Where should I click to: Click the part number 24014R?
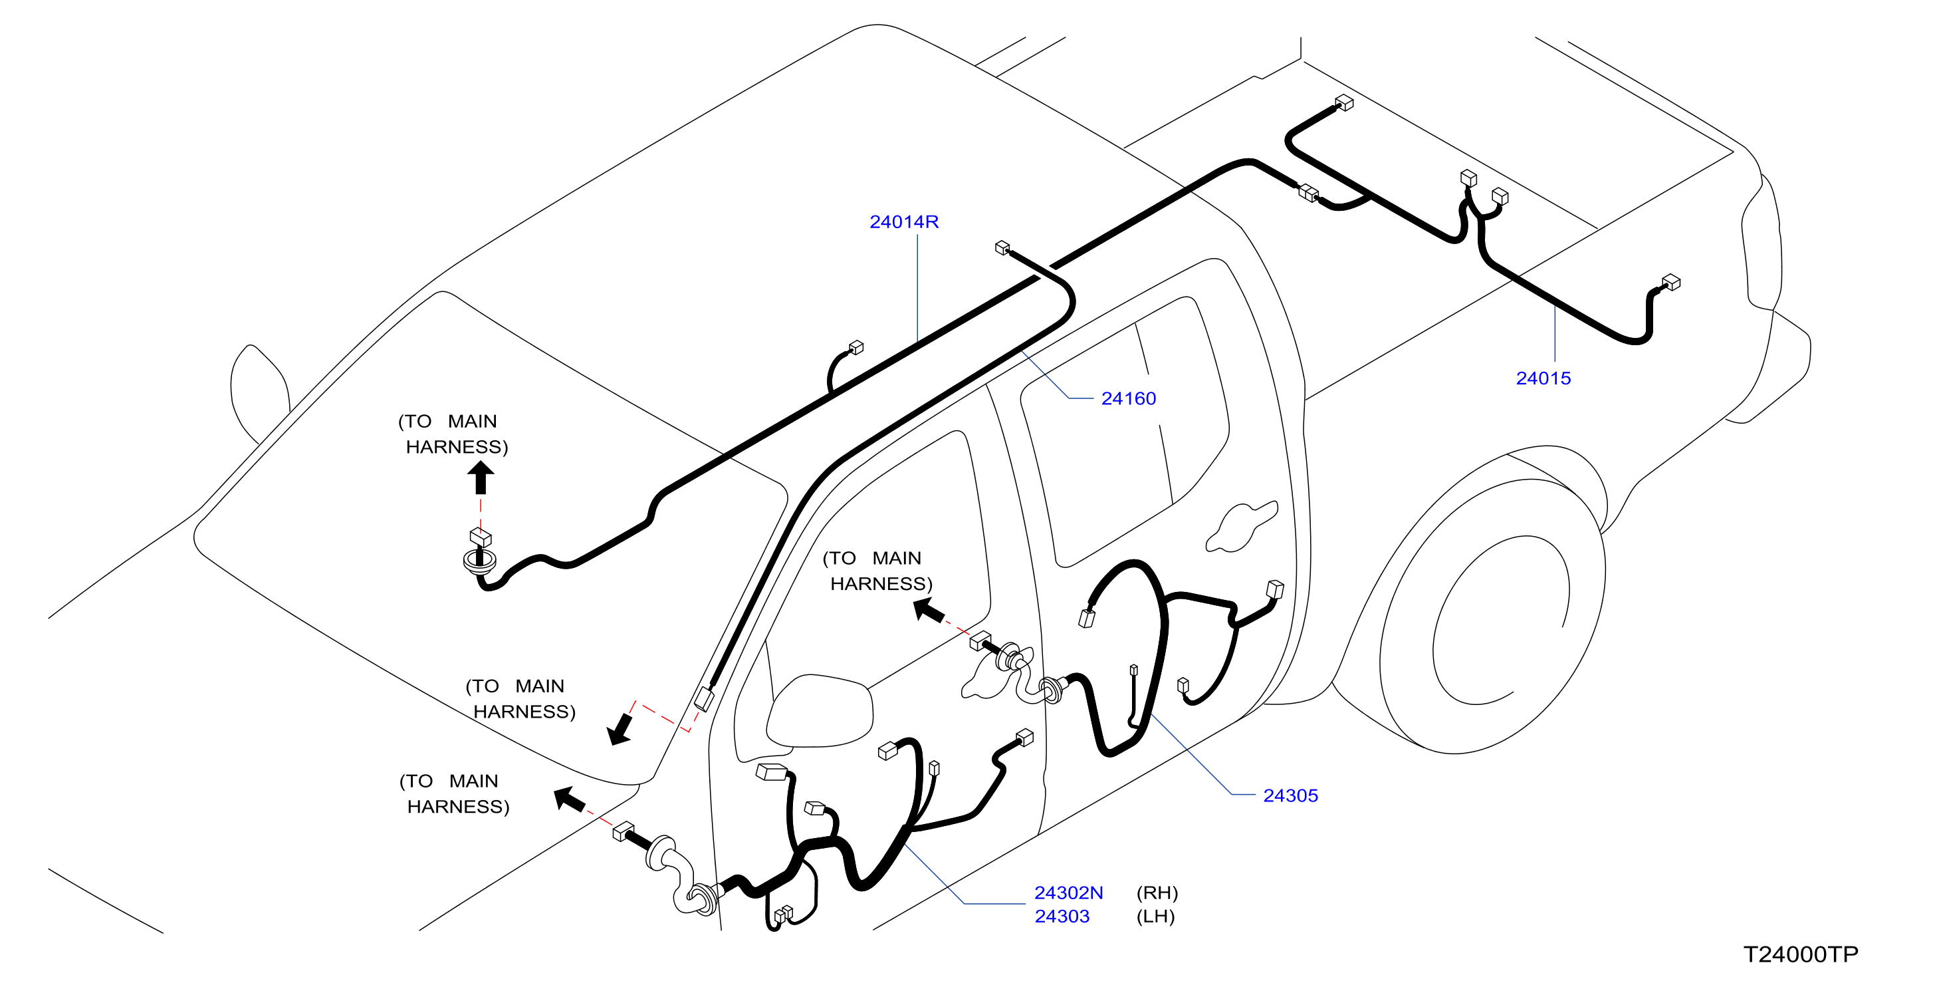click(903, 221)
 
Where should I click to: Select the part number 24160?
click(1128, 398)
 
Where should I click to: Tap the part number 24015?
click(1543, 378)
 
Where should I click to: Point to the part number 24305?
click(1290, 795)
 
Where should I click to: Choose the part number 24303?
click(1062, 916)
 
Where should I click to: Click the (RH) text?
click(1157, 893)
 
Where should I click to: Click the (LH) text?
click(1155, 916)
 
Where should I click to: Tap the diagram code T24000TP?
click(1800, 954)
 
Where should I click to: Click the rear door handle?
click(1241, 526)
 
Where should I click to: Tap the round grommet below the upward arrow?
click(479, 561)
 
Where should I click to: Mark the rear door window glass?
click(1125, 432)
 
